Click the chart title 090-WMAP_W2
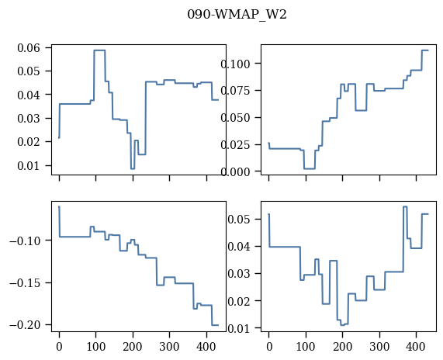[x=237, y=15]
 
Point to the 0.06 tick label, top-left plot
[x=29, y=48]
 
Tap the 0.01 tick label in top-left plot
[x=29, y=165]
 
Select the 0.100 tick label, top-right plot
[x=235, y=64]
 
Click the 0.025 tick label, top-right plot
[x=235, y=145]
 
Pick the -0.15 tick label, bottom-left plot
[x=25, y=283]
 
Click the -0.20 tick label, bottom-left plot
[x=25, y=325]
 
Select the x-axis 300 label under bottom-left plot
[x=169, y=347]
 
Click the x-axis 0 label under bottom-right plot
[x=269, y=347]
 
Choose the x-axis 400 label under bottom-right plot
[x=416, y=347]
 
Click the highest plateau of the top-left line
[x=99, y=50]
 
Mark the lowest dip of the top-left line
[x=133, y=168]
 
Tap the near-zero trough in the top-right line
[x=310, y=168]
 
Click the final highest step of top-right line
[x=425, y=50]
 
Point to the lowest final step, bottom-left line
[x=215, y=325]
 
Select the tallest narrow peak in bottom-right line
[x=405, y=206]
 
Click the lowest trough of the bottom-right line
[x=342, y=325]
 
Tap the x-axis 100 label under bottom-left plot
[x=95, y=347]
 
